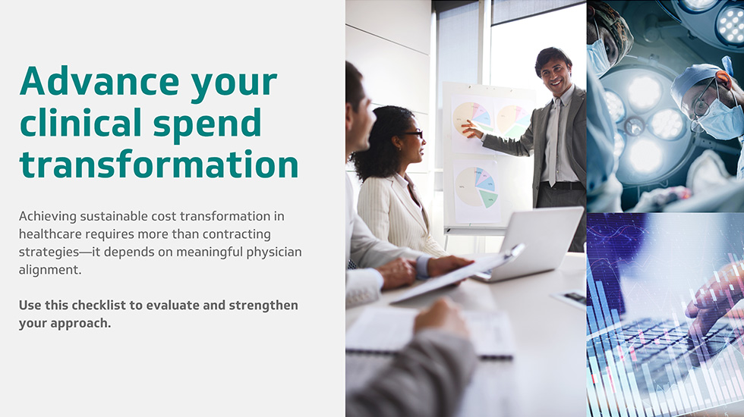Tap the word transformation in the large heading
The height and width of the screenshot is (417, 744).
[159, 163]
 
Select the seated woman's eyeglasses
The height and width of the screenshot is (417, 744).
[414, 133]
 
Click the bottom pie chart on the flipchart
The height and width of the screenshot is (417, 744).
[475, 187]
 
